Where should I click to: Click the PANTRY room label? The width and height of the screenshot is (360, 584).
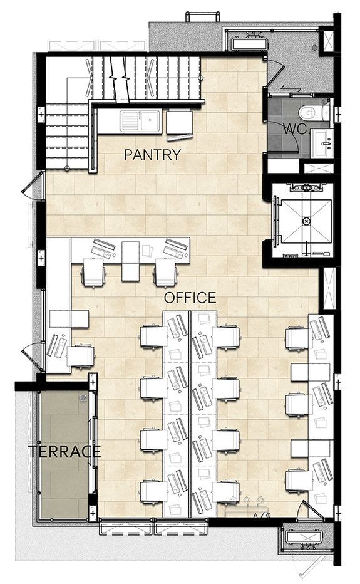click(152, 155)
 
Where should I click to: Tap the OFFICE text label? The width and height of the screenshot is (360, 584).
click(190, 298)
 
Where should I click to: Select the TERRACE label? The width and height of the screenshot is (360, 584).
click(64, 451)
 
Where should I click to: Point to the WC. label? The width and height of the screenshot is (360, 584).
click(296, 129)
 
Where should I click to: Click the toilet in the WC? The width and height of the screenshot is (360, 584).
click(314, 112)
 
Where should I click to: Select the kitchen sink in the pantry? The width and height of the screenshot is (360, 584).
click(140, 121)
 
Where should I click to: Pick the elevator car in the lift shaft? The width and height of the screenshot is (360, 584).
click(306, 221)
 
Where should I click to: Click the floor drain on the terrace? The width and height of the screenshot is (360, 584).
click(83, 398)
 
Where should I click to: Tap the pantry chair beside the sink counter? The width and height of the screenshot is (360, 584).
click(180, 123)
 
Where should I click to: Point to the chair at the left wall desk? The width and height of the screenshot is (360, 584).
click(80, 357)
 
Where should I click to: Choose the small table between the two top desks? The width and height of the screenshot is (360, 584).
click(130, 261)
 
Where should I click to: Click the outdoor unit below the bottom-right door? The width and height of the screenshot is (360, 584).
click(304, 538)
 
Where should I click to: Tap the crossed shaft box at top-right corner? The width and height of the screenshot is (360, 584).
click(328, 40)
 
